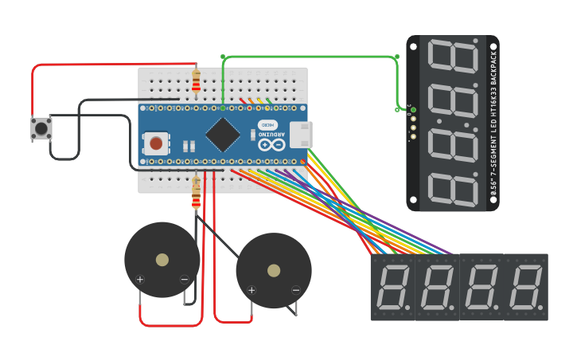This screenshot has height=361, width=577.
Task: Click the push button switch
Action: click(x=41, y=128)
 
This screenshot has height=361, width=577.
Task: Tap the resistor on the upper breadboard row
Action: click(x=197, y=81)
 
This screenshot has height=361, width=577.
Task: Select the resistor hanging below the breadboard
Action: click(x=197, y=194)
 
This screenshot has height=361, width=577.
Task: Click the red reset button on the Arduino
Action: click(x=156, y=143)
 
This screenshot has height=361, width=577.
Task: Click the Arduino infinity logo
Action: click(x=271, y=145)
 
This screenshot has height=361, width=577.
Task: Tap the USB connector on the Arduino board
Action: click(x=300, y=135)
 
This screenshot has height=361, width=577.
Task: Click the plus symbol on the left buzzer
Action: click(x=140, y=279)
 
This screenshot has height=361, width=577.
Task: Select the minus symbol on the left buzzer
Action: click(x=185, y=279)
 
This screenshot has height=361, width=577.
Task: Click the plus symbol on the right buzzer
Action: click(x=251, y=290)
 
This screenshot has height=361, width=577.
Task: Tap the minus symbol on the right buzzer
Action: click(x=296, y=290)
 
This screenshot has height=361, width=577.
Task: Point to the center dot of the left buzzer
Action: click(x=162, y=260)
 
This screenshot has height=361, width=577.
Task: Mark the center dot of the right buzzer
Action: click(x=274, y=271)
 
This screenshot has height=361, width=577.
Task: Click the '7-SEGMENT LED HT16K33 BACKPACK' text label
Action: click(x=493, y=124)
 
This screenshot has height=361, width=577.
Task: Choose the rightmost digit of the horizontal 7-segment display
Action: click(x=526, y=288)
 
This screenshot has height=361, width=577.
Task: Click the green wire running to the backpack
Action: click(x=310, y=57)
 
